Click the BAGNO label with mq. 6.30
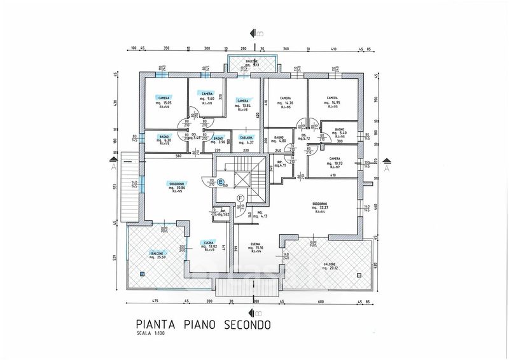(x=164, y=137)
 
